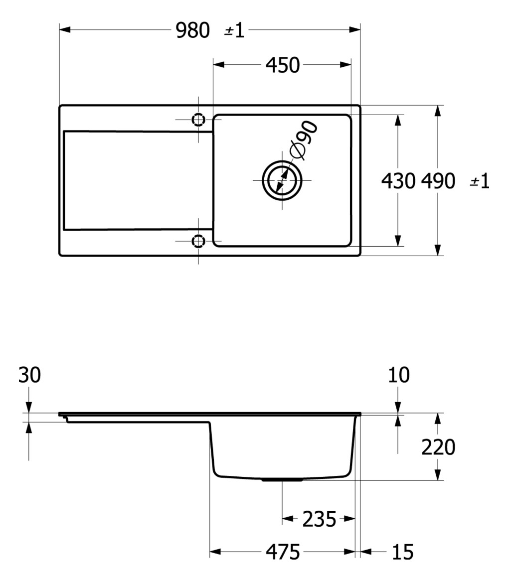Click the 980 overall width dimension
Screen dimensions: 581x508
coord(193,31)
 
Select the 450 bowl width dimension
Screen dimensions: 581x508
coord(283,65)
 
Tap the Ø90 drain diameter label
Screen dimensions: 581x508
coord(304,141)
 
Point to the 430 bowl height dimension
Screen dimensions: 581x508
coord(398,181)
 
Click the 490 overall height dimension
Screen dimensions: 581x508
coord(438,181)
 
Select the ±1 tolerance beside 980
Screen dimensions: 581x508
coord(234,31)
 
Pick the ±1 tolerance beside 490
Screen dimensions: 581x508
coord(480,181)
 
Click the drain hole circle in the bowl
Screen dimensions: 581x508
coord(282,180)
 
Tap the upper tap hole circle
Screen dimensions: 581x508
coord(198,120)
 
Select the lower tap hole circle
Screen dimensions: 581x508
coord(198,242)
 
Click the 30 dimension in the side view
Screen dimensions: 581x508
coord(29,376)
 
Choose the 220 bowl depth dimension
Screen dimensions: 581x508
coord(438,447)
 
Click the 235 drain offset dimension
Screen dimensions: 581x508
coord(319,519)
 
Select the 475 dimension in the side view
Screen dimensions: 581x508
coord(283,552)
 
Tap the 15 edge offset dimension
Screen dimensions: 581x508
coord(402,552)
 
